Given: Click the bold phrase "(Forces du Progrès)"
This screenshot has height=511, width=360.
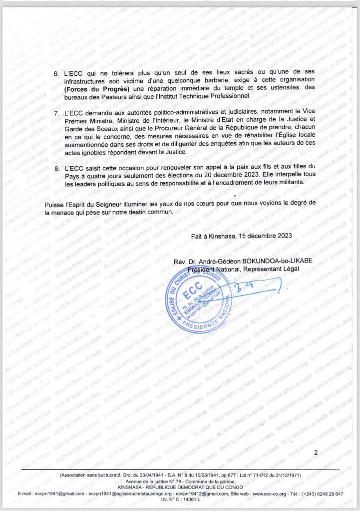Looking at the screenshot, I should click(x=93, y=88).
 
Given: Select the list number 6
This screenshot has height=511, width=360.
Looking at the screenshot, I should click(x=56, y=73).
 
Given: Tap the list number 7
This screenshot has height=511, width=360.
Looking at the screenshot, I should click(x=56, y=114).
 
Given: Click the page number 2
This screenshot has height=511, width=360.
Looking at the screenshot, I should click(x=316, y=453).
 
